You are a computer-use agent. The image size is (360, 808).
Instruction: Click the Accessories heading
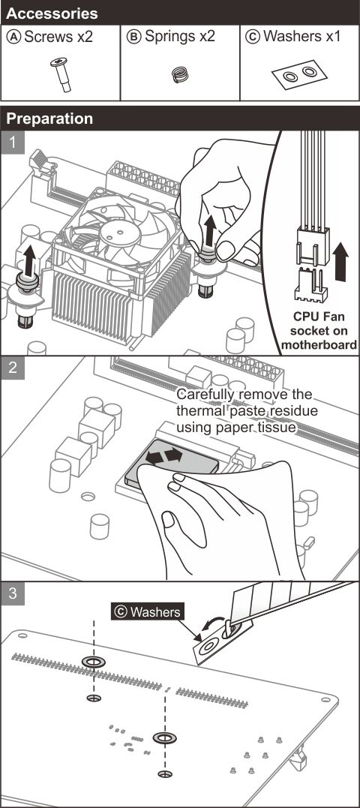pos(52,13)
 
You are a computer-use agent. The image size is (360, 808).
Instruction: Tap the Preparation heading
pos(50,119)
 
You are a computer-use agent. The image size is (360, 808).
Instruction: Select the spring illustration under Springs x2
pos(180,75)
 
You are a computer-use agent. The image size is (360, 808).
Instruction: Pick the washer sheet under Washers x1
pos(300,74)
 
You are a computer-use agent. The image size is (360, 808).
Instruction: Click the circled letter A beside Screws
pos(15,37)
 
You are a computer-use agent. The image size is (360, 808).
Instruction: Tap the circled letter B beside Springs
pos(134,37)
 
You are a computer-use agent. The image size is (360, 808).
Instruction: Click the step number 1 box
pos(12,143)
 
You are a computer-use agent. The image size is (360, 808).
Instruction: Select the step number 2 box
pos(12,367)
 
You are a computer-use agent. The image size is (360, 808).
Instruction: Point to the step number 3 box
pos(12,593)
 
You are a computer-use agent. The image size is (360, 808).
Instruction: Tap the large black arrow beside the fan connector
pos(341,262)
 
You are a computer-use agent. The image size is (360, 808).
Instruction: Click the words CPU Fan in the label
pos(319,317)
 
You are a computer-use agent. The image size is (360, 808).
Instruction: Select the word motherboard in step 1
pos(319,345)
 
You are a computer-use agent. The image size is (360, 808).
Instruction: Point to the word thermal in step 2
pos(201,412)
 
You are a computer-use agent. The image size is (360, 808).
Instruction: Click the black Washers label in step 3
pos(147,611)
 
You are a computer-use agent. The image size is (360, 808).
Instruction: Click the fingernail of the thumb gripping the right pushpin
pos(226,250)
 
